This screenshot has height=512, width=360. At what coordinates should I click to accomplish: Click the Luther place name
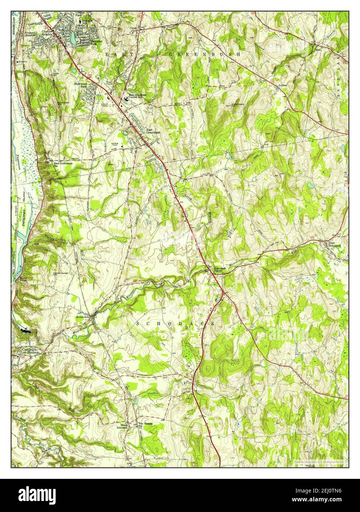tap(283, 85)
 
